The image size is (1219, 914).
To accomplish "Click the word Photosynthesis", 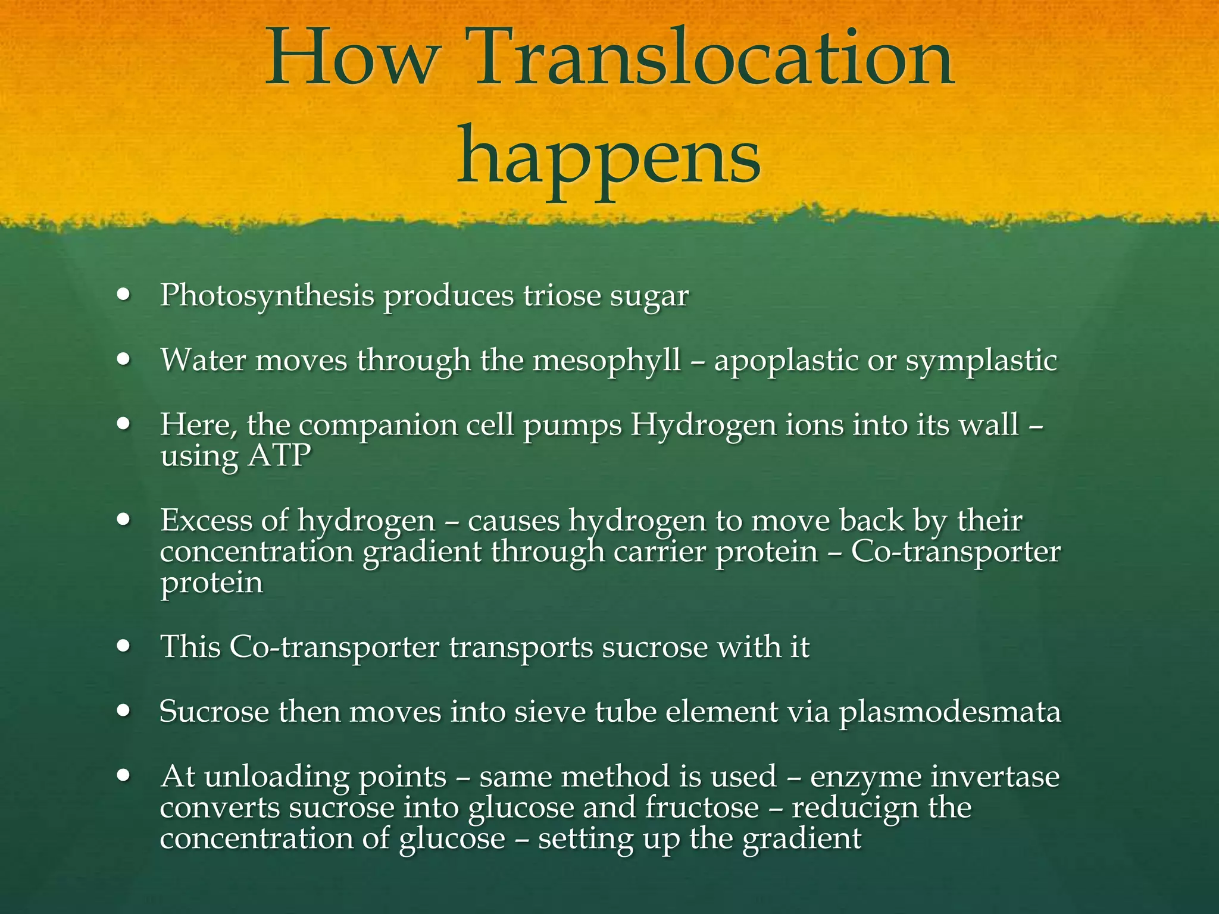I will [267, 296].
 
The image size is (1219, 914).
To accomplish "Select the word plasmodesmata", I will [950, 712].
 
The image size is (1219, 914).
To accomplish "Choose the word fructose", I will [702, 807].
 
